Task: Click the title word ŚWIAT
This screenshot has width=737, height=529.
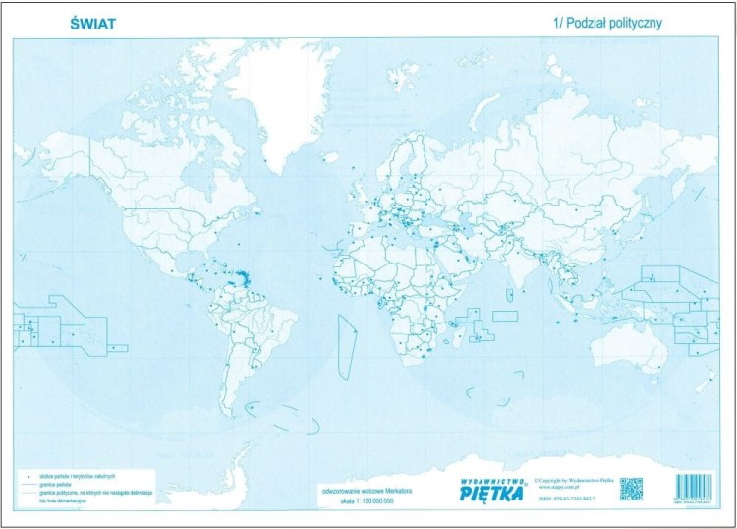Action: tap(93, 23)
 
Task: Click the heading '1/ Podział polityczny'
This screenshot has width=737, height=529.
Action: tap(609, 23)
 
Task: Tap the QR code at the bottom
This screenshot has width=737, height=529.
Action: tap(631, 488)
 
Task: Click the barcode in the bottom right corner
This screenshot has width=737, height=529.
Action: tap(696, 489)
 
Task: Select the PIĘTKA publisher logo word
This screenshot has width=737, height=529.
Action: tap(494, 492)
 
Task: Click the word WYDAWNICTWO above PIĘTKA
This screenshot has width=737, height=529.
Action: tap(493, 479)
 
